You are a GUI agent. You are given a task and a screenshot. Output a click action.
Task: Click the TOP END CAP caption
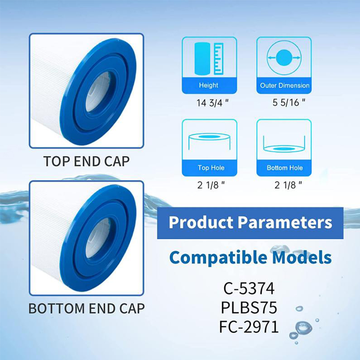click(86, 161)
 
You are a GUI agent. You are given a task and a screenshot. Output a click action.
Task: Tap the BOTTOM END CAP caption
click(86, 308)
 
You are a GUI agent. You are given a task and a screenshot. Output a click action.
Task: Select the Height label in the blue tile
click(209, 85)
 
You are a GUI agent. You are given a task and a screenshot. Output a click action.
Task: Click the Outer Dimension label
click(284, 85)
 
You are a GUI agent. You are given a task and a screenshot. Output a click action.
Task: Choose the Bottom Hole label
click(284, 168)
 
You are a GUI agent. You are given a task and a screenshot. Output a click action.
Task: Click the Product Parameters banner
click(250, 222)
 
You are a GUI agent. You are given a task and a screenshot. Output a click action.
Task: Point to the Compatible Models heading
click(250, 257)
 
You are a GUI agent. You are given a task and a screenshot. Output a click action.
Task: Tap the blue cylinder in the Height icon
click(202, 59)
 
